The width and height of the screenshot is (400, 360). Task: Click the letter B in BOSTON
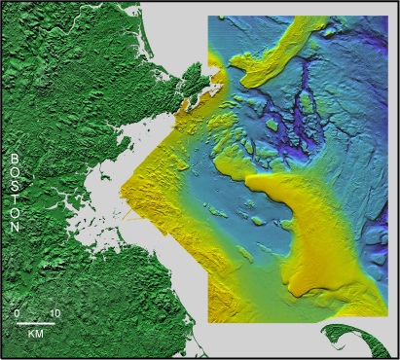click(x=16, y=157)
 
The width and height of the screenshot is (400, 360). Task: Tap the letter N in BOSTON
click(x=16, y=226)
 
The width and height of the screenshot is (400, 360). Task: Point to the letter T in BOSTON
click(x=16, y=198)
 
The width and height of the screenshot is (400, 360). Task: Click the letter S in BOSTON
click(x=16, y=184)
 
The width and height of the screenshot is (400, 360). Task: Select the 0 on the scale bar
click(x=17, y=313)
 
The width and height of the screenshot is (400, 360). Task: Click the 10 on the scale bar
click(x=55, y=313)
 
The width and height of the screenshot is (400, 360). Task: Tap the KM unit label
click(x=35, y=333)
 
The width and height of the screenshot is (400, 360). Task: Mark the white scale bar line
click(x=35, y=322)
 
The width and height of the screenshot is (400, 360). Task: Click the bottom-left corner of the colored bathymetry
click(x=209, y=320)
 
